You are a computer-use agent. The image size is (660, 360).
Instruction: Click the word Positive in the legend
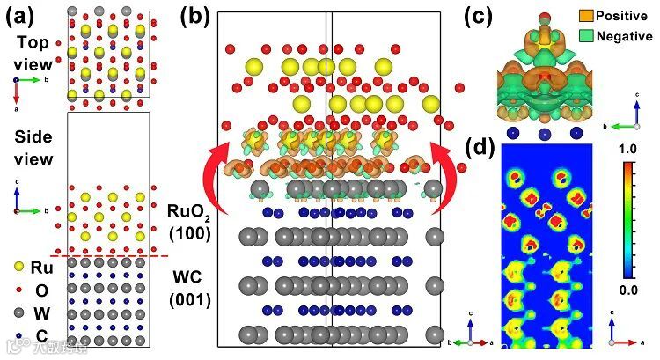[x=623, y=16]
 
